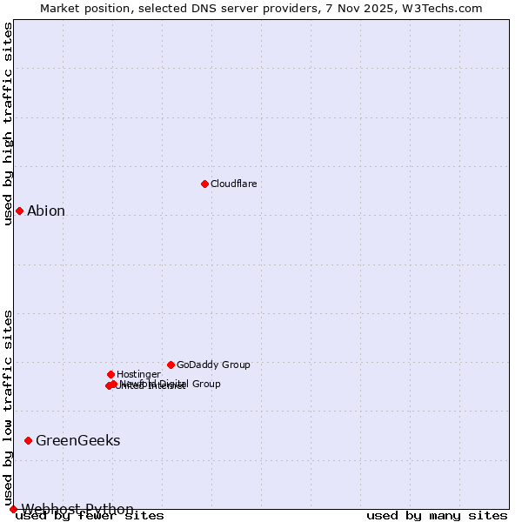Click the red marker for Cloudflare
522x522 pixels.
[204, 184]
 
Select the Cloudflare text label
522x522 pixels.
[233, 184]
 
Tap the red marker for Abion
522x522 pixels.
[19, 211]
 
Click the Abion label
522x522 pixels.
[46, 211]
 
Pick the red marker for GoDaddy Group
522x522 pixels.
[171, 365]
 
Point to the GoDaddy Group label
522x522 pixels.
[213, 365]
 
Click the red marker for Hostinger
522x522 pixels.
[110, 374]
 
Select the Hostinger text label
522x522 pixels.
[138, 374]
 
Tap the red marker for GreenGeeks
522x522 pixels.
[28, 440]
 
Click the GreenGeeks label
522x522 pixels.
[77, 440]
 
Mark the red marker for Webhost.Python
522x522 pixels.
[13, 509]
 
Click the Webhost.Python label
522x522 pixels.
[77, 509]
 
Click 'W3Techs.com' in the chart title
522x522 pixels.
[445, 9]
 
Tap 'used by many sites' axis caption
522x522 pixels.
[437, 516]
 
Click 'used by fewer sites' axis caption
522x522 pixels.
[90, 516]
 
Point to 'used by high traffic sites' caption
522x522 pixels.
[9, 124]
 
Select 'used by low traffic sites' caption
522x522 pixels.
[9, 407]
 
